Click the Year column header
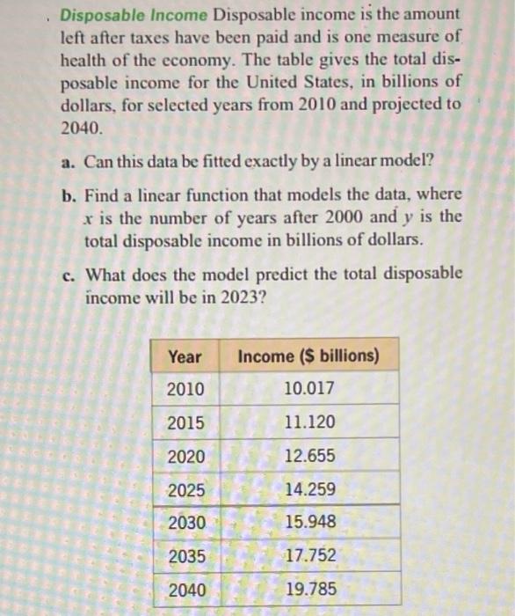(x=185, y=356)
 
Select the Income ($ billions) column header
(x=309, y=356)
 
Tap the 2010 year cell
(x=185, y=389)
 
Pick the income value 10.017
(x=309, y=389)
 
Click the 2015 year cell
(x=185, y=422)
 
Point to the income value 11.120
(x=309, y=422)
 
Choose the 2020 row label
(x=185, y=456)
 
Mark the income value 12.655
(x=309, y=456)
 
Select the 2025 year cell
(x=185, y=489)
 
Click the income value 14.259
(x=309, y=489)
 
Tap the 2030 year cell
(x=185, y=522)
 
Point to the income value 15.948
(x=309, y=522)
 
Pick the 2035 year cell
(x=185, y=555)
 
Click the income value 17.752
(x=309, y=555)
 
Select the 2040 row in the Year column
(x=185, y=588)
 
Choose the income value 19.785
(x=309, y=588)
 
